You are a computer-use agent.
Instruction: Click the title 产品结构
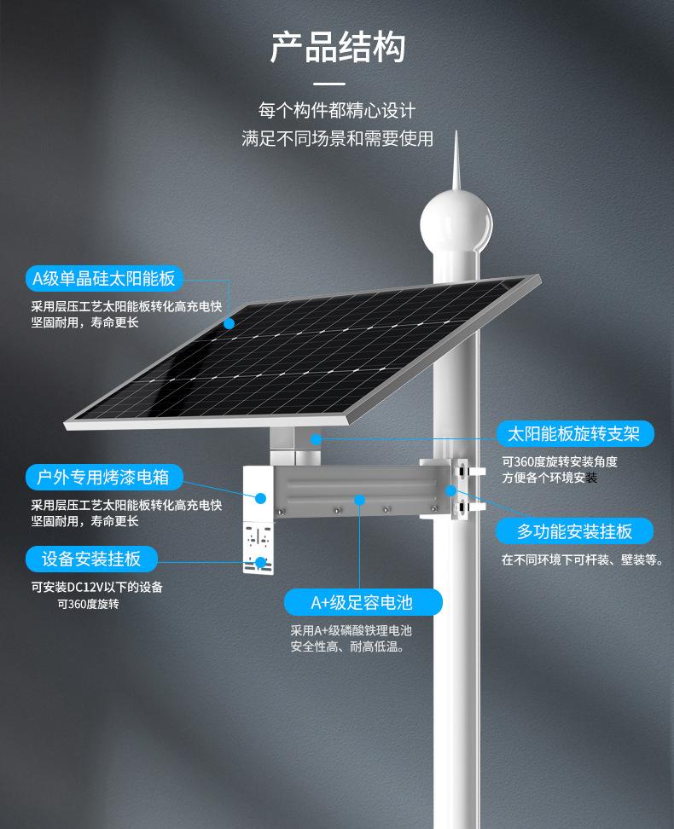coord(337,48)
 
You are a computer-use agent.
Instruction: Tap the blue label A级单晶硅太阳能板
coord(103,278)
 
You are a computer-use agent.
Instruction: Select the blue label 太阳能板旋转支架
coord(573,433)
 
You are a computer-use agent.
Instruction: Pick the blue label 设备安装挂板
coord(91,559)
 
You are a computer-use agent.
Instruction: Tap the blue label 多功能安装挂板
coord(574,531)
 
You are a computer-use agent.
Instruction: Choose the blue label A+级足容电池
coord(362,603)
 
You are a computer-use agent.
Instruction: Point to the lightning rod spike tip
coord(456,135)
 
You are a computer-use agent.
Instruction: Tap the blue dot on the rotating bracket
coord(316,439)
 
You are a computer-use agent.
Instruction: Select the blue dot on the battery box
coord(361,499)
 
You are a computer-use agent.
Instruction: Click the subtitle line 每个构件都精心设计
coord(337,111)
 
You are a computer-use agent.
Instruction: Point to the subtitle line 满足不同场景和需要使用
coord(337,138)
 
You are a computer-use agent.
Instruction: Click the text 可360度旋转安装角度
coord(559,461)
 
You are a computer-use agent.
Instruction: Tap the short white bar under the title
coord(329,84)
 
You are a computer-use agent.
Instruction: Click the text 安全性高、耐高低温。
coord(347,646)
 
